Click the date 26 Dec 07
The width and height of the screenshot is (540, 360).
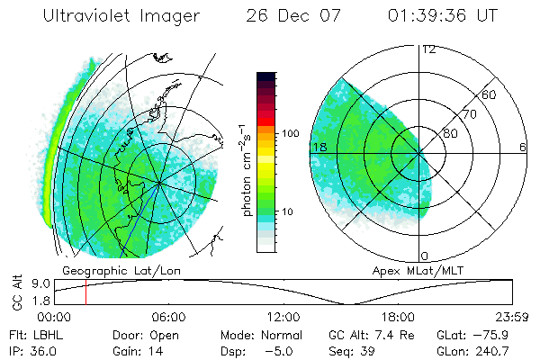pos(292,16)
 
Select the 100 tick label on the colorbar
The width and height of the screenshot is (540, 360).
pos(290,133)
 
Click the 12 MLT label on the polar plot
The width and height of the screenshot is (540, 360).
pos(428,49)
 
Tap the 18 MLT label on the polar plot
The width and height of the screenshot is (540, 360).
pos(318,147)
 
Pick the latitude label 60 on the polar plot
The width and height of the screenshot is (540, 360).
pos(490,94)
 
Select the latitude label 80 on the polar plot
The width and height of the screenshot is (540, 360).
pos(451,133)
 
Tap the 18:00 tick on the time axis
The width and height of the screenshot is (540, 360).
pos(398,317)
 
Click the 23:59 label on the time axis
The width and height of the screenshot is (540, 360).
pos(510,317)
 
